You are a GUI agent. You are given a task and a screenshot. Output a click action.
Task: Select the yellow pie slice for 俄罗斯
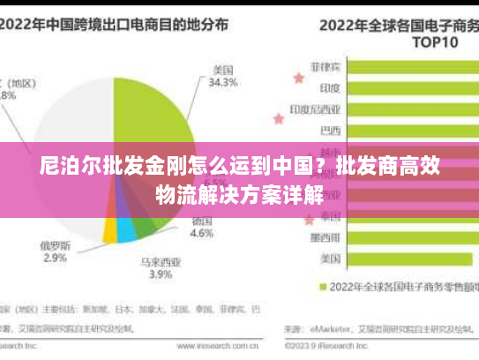[109, 231]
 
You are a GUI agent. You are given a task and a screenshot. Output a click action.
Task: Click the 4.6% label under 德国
[202, 235]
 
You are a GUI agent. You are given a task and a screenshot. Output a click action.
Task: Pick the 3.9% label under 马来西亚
[160, 274]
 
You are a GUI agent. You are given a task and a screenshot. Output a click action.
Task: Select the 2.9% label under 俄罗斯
[55, 258]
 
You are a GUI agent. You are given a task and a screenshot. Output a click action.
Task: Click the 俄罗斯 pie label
[55, 244]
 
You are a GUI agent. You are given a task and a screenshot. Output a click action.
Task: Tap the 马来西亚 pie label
[160, 261]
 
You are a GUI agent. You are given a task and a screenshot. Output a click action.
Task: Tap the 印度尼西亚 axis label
[315, 109]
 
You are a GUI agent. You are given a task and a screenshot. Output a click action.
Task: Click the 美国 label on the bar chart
[331, 259]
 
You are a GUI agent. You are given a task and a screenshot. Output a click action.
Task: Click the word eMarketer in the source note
[330, 330]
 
